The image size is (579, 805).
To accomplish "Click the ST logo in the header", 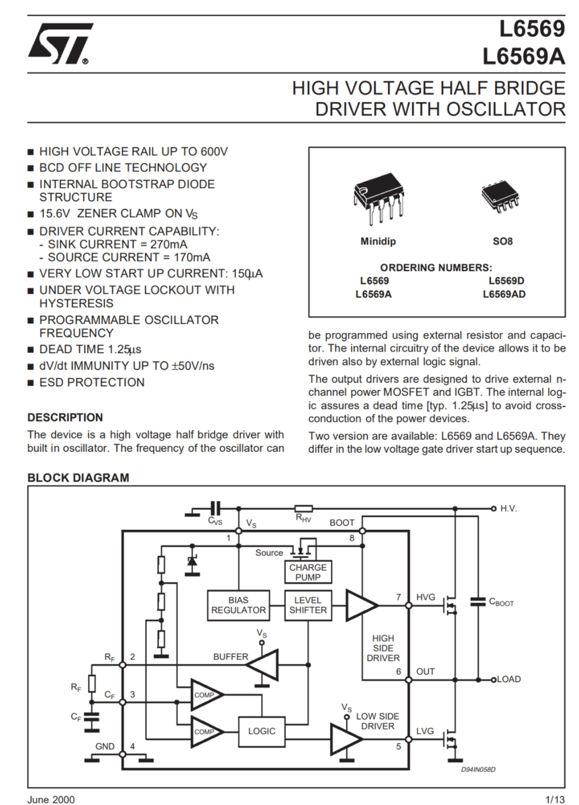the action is pyautogui.click(x=60, y=44).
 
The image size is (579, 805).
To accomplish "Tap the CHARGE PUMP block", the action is pyautogui.click(x=308, y=572).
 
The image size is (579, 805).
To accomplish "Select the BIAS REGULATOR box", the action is pyautogui.click(x=238, y=605).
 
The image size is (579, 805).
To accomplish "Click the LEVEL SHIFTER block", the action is pyautogui.click(x=308, y=605).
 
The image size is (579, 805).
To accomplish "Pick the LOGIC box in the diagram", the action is pyautogui.click(x=262, y=731).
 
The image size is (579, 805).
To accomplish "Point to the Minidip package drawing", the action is pyautogui.click(x=378, y=199).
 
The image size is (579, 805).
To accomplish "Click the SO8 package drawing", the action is pyautogui.click(x=501, y=197).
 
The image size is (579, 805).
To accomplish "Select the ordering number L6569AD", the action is pyautogui.click(x=504, y=294).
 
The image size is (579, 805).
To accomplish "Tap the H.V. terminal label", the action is pyautogui.click(x=508, y=508).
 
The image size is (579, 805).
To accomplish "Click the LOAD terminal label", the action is pyautogui.click(x=509, y=679).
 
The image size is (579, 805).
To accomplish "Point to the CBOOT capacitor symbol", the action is pyautogui.click(x=478, y=602).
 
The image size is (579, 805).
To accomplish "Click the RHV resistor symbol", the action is pyautogui.click(x=303, y=508).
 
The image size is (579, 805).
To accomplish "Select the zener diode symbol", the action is pyautogui.click(x=193, y=561).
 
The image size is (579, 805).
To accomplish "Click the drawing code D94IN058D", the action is pyautogui.click(x=478, y=769).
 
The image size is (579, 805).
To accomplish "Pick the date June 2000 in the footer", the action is pyautogui.click(x=51, y=800).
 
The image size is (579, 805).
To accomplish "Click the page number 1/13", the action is pyautogui.click(x=556, y=800).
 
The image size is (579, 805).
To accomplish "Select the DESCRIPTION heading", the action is pyautogui.click(x=65, y=417).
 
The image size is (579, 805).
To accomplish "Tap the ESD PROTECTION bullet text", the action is pyautogui.click(x=92, y=382).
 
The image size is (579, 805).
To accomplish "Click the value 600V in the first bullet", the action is pyautogui.click(x=214, y=152).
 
